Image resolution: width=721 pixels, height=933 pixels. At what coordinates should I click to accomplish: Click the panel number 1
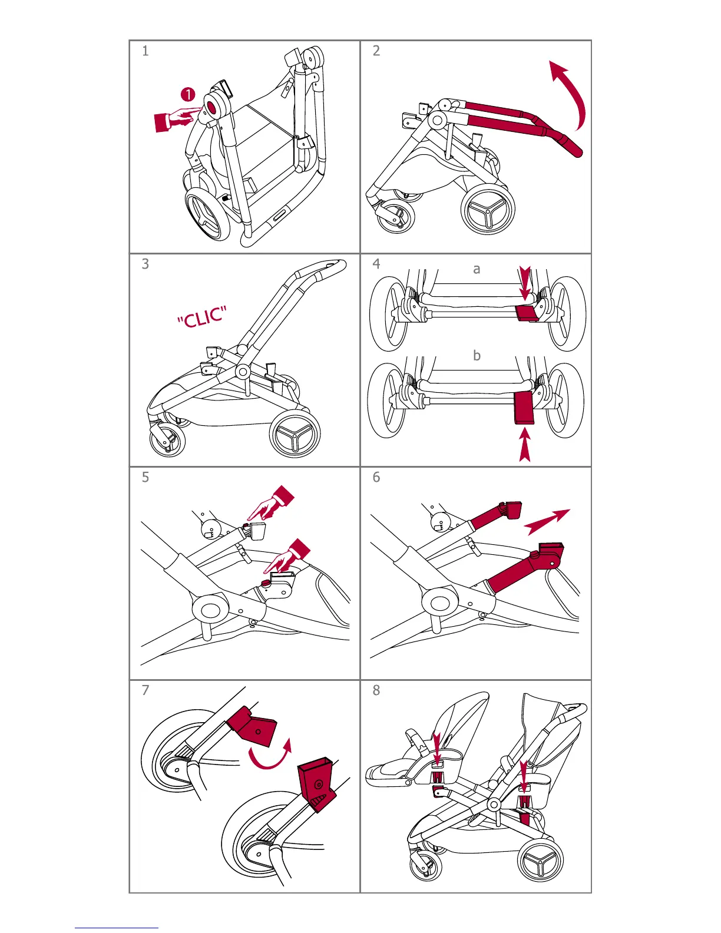[x=145, y=51]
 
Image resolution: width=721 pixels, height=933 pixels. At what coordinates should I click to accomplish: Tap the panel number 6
[x=376, y=477]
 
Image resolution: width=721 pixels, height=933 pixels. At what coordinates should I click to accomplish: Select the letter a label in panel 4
[x=477, y=269]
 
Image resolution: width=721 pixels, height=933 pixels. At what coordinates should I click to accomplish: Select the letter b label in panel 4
[x=477, y=355]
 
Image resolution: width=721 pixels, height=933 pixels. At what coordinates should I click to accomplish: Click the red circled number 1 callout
[x=187, y=94]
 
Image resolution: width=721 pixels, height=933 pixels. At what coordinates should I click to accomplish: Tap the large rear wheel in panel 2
[x=488, y=210]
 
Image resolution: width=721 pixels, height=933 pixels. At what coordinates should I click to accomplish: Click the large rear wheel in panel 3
[x=295, y=434]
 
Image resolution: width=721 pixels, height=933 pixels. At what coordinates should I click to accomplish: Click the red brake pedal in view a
[x=526, y=313]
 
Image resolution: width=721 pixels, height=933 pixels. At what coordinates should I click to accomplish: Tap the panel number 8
[x=376, y=690]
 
